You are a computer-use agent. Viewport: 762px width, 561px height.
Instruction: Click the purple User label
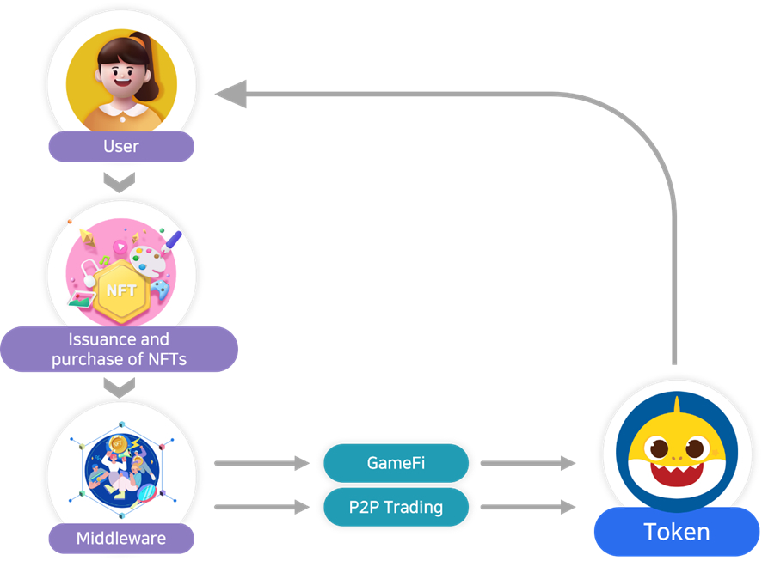(121, 146)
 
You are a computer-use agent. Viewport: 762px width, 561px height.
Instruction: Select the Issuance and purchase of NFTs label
(119, 350)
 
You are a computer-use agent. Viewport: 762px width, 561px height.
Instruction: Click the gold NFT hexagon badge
(121, 290)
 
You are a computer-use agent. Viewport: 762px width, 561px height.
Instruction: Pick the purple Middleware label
(121, 539)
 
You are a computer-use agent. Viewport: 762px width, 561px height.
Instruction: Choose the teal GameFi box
(396, 463)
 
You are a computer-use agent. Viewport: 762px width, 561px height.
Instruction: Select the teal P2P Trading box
(396, 507)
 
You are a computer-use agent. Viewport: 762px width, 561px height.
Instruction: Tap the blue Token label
(677, 532)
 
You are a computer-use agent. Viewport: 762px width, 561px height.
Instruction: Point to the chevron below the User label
(119, 182)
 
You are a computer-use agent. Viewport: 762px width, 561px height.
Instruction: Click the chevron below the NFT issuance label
(119, 387)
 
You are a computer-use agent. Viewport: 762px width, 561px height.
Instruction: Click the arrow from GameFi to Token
(527, 464)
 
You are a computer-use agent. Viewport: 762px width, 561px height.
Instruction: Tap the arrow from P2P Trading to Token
(527, 507)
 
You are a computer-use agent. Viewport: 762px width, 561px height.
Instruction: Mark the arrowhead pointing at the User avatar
(230, 94)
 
